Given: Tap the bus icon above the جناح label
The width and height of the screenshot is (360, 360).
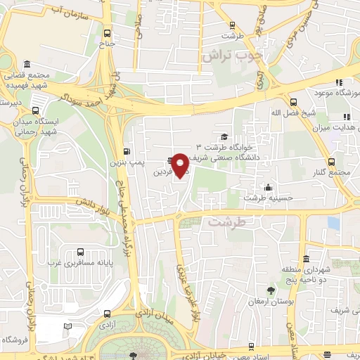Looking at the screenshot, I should [107, 32].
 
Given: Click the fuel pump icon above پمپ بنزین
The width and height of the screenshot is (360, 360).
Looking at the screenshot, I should [127, 150].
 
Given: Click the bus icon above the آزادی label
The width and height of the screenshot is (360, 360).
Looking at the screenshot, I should [107, 314].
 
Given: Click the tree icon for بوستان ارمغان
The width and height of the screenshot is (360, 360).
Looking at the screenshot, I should [271, 289].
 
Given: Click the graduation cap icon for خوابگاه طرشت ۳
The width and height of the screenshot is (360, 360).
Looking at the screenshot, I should [224, 136].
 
